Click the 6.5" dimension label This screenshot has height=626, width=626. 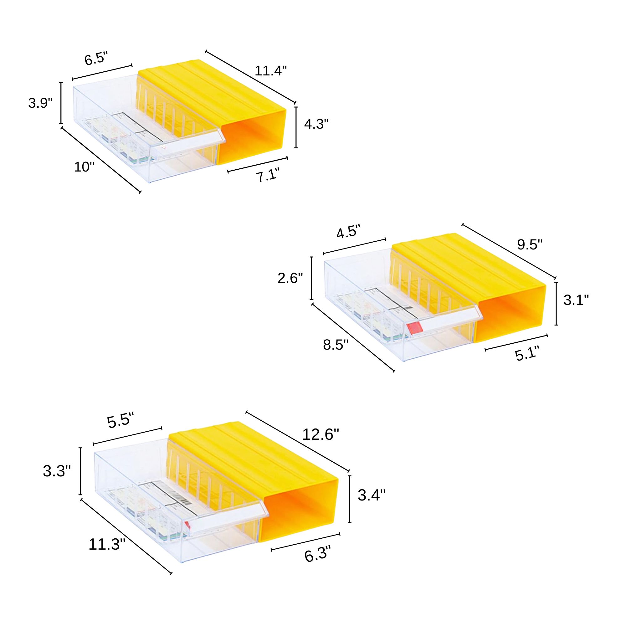point(95,59)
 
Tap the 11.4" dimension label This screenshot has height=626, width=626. point(270,71)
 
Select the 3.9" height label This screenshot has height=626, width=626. point(40,103)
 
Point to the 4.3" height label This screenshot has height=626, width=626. point(316,124)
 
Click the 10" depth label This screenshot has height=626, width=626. point(84,167)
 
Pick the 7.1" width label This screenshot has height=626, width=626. point(268,177)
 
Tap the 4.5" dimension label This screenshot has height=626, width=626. point(348,233)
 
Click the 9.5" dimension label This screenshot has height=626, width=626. point(530,245)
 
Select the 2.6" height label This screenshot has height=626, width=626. point(290,278)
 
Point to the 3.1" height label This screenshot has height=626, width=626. point(576,300)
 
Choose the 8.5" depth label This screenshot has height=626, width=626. point(336,345)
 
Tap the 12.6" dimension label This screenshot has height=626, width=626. point(321,434)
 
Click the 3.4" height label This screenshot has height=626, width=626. point(372,495)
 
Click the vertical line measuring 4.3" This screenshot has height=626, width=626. point(296,127)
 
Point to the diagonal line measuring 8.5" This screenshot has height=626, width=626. point(353,337)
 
